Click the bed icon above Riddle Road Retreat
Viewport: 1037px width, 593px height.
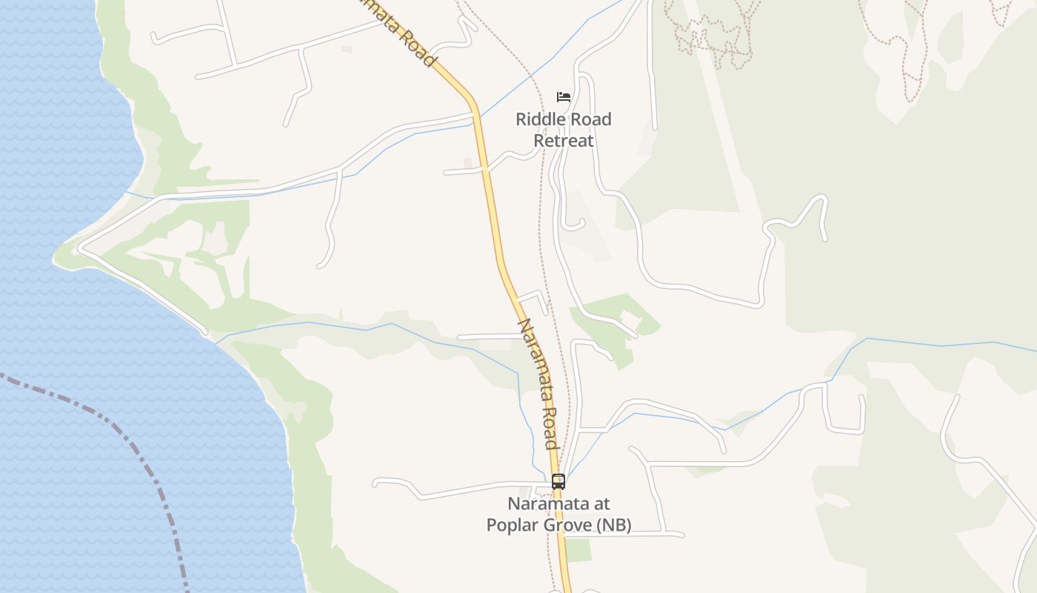click(564, 97)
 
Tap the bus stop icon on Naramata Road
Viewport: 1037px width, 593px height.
click(558, 482)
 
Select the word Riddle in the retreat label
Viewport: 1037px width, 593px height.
click(543, 119)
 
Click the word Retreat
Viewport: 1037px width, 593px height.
click(564, 140)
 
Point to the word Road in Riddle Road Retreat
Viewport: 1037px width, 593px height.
click(591, 119)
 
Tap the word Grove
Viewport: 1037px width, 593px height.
click(570, 526)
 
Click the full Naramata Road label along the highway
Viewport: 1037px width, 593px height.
click(537, 384)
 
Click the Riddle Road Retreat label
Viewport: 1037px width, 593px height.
click(564, 130)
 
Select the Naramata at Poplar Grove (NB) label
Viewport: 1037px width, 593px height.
click(558, 514)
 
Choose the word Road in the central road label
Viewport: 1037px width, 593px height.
click(548, 428)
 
